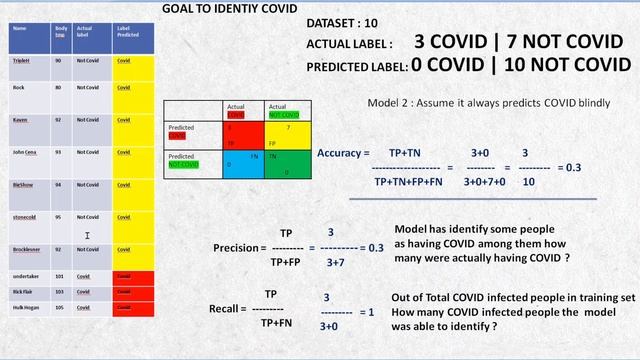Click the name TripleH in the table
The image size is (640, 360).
(x=21, y=60)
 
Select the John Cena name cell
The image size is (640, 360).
(x=26, y=152)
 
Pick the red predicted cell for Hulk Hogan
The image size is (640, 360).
(x=133, y=307)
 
